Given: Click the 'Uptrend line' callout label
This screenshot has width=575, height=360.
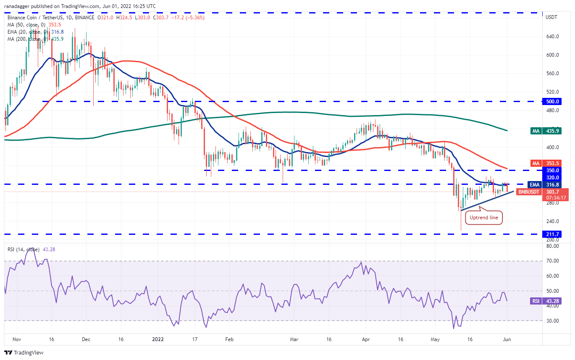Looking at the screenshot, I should point(484,218).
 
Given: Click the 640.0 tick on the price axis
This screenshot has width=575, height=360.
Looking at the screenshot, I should point(552,37).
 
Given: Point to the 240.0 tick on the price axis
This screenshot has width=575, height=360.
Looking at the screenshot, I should point(552,221).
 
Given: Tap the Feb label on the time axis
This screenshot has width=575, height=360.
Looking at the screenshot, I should point(228,339).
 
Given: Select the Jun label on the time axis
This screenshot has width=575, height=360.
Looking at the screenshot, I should point(507,339).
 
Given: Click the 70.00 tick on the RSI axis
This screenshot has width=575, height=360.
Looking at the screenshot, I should point(552,261).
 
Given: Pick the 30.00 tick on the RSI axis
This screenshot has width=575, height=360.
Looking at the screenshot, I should point(552,321).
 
